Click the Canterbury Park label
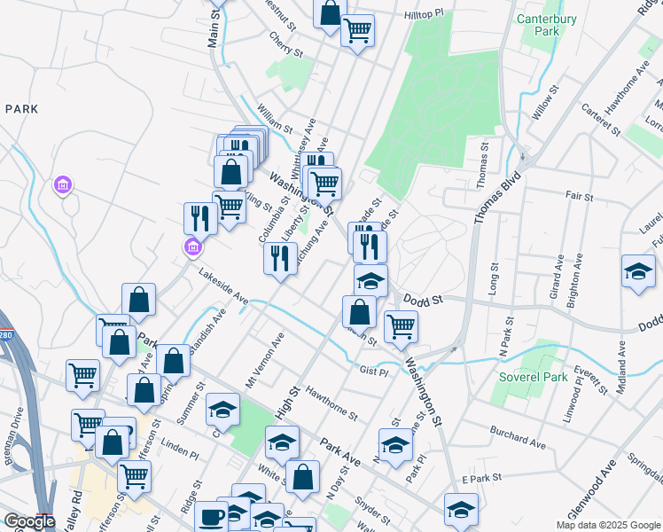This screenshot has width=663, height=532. click(547, 24)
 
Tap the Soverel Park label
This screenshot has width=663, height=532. click(529, 377)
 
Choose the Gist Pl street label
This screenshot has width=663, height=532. click(373, 370)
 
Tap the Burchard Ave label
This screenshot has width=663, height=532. click(518, 434)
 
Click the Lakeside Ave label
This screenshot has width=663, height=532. click(223, 288)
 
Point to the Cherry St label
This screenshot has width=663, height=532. click(286, 44)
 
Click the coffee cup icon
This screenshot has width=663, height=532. click(212, 516)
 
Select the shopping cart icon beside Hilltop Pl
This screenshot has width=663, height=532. click(357, 31)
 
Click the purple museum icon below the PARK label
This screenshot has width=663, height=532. click(63, 186)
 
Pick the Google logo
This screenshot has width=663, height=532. click(29, 522)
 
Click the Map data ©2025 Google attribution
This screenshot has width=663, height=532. click(607, 525)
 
